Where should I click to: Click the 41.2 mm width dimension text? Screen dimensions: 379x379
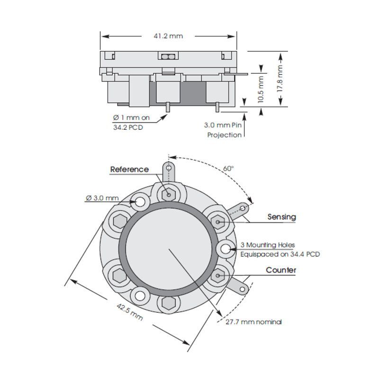[168, 36]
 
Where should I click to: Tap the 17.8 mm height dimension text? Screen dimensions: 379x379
[280, 78]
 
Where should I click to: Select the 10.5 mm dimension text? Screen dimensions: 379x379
[261, 90]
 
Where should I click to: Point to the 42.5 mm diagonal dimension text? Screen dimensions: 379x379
[130, 312]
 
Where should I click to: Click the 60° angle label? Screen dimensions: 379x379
[228, 169]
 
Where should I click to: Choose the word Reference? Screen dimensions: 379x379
[129, 170]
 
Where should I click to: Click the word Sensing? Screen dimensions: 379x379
[281, 217]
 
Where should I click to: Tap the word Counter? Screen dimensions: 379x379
[281, 270]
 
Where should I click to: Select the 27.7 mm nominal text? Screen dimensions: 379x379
[253, 322]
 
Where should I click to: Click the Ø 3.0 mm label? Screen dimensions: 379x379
[102, 198]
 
